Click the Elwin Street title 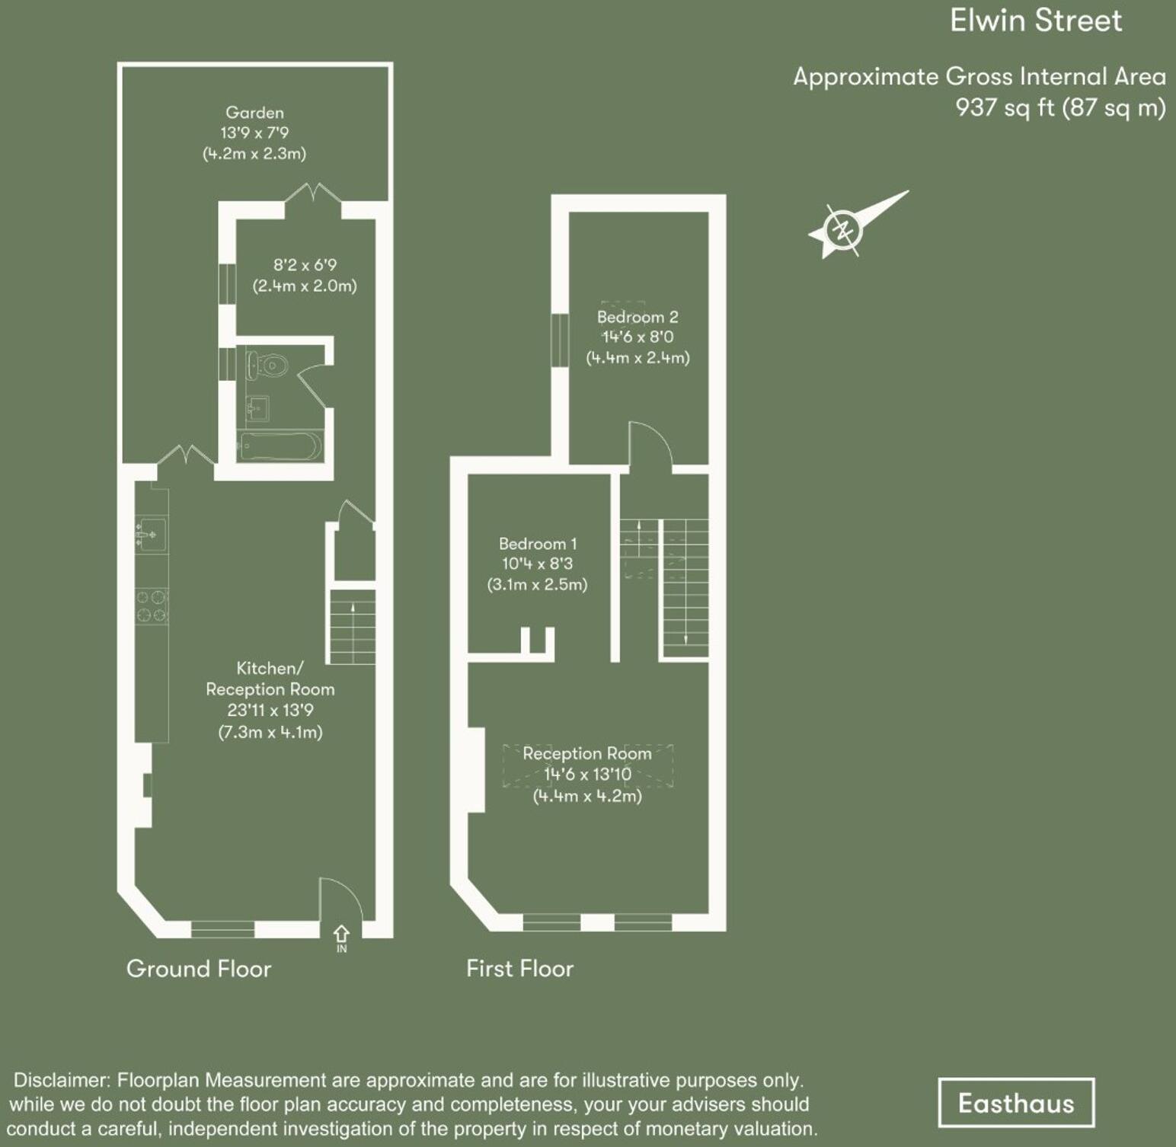click(x=1035, y=21)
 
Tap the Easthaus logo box click(x=1016, y=1103)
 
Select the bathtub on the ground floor click(x=280, y=446)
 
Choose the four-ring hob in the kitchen click(x=152, y=606)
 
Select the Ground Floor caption click(x=199, y=969)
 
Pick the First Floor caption click(x=519, y=969)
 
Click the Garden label click(x=254, y=113)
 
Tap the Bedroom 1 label click(x=538, y=544)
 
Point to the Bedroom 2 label click(x=638, y=317)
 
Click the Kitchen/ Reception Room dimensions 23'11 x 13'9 click(x=270, y=711)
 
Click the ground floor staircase click(x=353, y=626)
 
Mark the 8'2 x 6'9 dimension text click(x=305, y=265)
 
